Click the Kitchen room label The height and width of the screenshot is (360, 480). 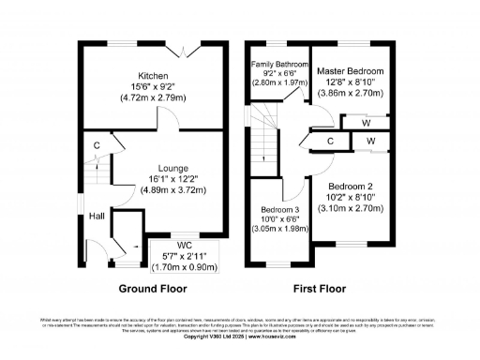(153, 75)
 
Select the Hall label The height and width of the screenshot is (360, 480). (97, 216)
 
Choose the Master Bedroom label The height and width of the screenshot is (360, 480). (350, 71)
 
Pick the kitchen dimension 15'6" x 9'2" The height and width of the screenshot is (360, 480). (153, 86)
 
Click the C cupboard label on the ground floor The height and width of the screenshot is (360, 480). (97, 145)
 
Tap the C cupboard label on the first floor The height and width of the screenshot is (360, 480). (330, 142)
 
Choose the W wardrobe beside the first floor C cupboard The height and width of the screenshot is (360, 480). (370, 142)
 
